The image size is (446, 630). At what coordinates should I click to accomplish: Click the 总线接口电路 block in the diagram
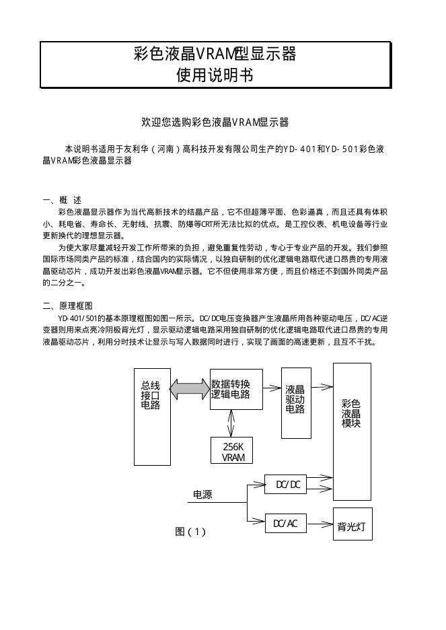point(152,416)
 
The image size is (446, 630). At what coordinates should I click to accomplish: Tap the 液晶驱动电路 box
point(295,403)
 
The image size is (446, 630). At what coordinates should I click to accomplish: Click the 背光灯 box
point(353,524)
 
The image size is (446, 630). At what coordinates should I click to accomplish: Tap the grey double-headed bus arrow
point(190,388)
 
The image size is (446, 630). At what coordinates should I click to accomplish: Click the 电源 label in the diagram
point(202,495)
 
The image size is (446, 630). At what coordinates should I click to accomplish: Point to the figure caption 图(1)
point(190,532)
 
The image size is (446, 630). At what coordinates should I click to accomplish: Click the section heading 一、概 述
point(62,200)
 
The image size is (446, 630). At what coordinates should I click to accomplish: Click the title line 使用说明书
point(215,75)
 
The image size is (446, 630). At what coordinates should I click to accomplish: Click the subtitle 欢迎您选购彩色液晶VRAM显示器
point(215,122)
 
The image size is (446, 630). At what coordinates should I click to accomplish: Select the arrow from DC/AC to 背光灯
point(320,523)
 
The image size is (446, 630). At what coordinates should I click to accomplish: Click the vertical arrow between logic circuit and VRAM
point(231,421)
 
